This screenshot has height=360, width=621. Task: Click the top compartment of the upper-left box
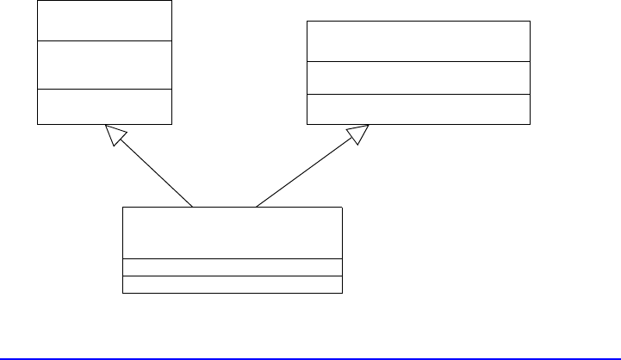pyautogui.click(x=104, y=20)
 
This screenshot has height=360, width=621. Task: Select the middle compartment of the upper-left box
pyautogui.click(x=104, y=65)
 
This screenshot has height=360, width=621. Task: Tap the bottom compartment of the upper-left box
pyautogui.click(x=104, y=106)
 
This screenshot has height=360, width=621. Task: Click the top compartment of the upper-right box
pyautogui.click(x=418, y=41)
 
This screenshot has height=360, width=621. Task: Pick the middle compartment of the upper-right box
pyautogui.click(x=418, y=78)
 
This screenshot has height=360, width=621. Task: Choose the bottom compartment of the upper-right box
pyautogui.click(x=418, y=108)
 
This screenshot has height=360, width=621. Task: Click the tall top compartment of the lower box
pyautogui.click(x=233, y=232)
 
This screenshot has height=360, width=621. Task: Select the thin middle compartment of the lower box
pyautogui.click(x=233, y=267)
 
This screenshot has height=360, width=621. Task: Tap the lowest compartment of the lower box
pyautogui.click(x=233, y=284)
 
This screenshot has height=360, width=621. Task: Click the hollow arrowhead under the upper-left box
pyautogui.click(x=115, y=133)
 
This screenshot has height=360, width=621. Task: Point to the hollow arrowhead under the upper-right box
pyautogui.click(x=357, y=133)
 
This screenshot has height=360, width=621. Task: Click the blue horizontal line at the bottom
pyautogui.click(x=310, y=356)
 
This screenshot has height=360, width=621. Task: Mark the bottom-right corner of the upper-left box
pyautogui.click(x=171, y=123)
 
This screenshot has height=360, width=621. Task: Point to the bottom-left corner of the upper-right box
pyautogui.click(x=307, y=122)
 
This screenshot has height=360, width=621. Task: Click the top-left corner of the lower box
pyautogui.click(x=123, y=207)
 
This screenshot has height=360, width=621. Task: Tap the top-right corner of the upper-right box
pyautogui.click(x=529, y=22)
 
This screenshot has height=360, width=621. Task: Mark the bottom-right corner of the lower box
pyautogui.click(x=342, y=293)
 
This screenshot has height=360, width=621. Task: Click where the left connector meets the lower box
pyautogui.click(x=193, y=207)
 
